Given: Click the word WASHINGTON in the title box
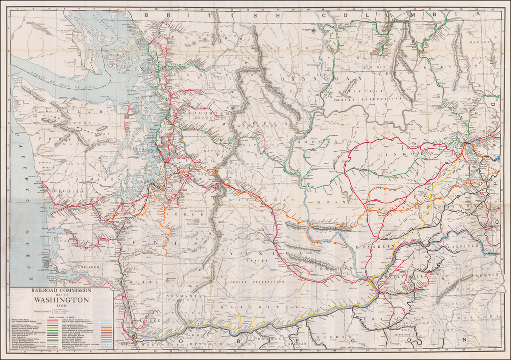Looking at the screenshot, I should tap(61, 300).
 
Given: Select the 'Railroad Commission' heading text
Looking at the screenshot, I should tap(61, 290).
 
